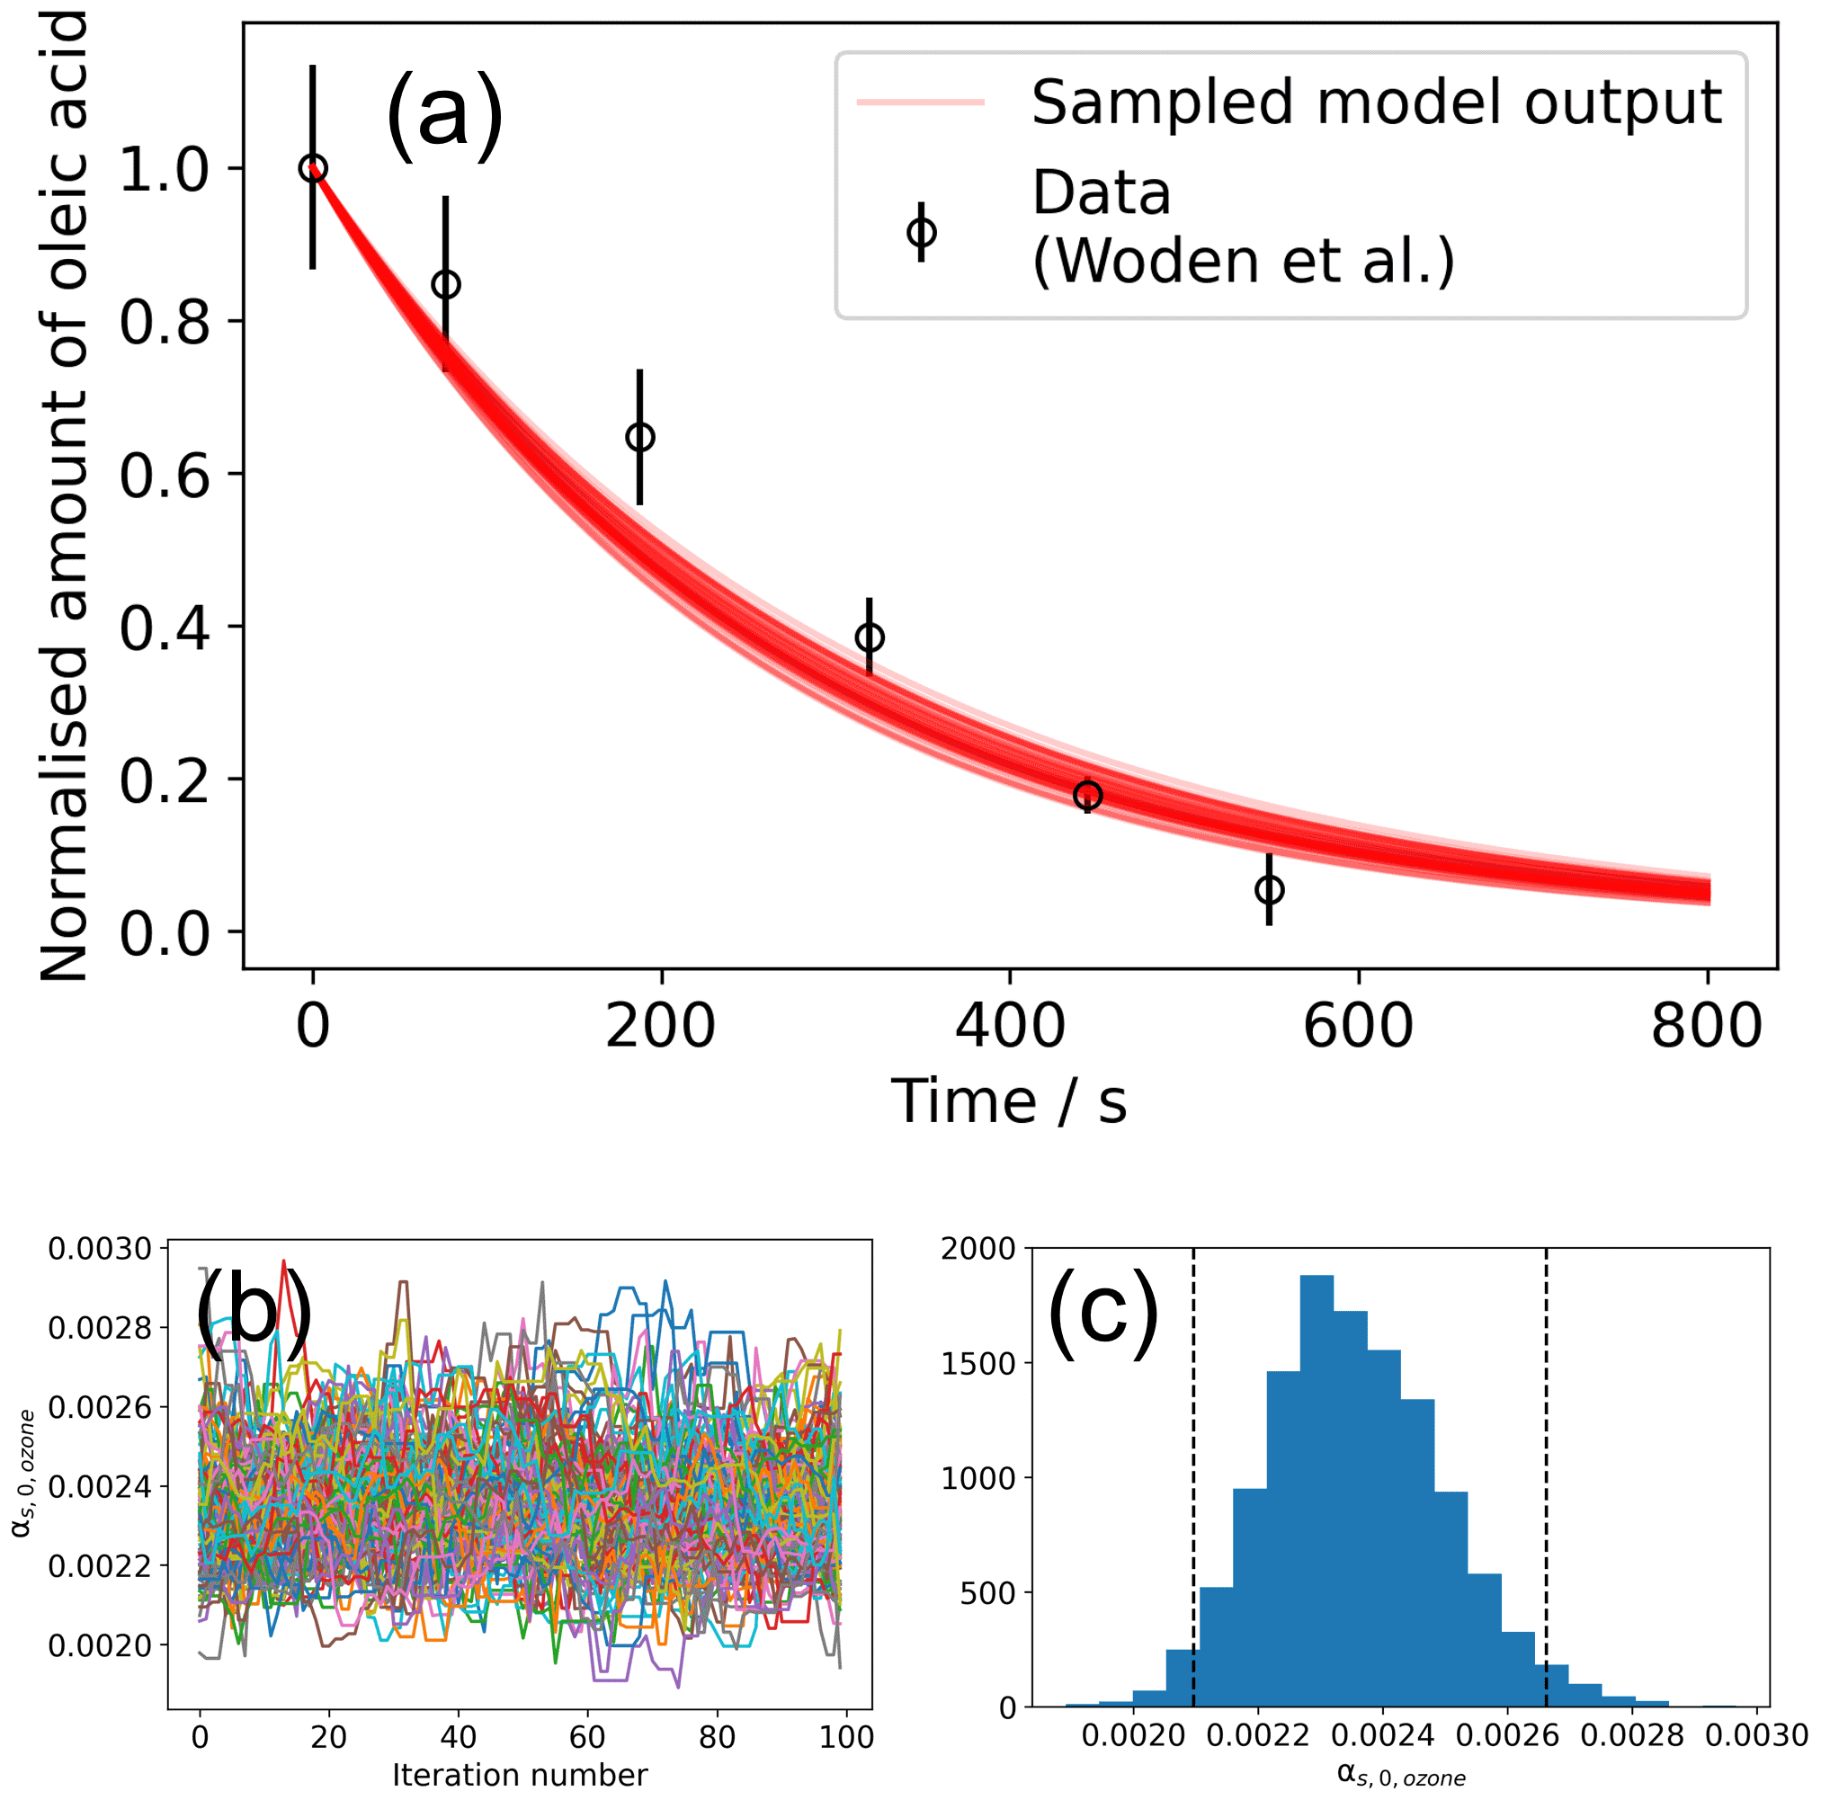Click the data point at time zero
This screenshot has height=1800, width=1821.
313,169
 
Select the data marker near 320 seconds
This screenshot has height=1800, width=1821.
869,637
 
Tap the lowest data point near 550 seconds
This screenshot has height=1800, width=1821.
1269,889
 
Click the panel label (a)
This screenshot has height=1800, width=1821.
444,117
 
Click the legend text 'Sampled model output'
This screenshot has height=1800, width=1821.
1376,102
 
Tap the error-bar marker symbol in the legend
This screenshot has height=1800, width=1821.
921,232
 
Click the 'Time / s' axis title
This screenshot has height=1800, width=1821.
1009,1100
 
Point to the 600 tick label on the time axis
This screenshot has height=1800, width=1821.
1357,1025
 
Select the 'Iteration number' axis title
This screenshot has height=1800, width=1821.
520,1775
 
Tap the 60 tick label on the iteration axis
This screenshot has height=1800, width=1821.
587,1736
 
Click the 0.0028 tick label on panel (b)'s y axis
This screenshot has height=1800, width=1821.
100,1328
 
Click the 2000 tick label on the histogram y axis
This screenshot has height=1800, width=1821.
978,1249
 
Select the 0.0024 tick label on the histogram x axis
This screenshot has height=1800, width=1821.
1383,1736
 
